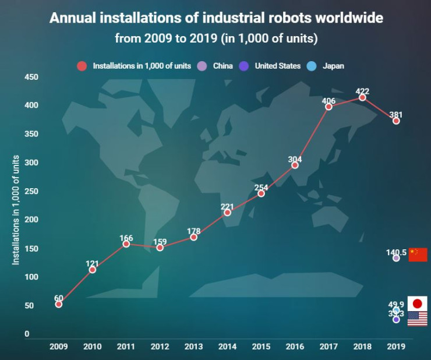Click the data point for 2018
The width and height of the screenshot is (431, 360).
tap(362, 97)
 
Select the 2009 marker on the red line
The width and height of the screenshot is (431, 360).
tap(59, 304)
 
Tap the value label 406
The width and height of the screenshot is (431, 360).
tap(328, 100)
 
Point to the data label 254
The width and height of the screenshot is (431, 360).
tap(261, 187)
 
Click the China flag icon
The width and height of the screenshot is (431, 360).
tap(418, 255)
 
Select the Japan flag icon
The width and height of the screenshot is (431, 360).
tap(418, 303)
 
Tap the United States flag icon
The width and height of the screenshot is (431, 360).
tap(418, 319)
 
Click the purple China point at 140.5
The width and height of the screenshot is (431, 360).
tap(396, 258)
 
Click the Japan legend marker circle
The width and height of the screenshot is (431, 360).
tap(312, 66)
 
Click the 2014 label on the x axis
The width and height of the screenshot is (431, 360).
tap(227, 347)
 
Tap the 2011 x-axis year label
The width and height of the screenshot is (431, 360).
tap(126, 347)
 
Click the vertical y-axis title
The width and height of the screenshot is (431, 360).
tap(16, 210)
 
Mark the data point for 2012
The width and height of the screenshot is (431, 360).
tap(160, 248)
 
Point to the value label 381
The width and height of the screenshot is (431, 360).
tap(396, 114)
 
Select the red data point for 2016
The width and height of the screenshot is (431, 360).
tap(295, 165)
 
